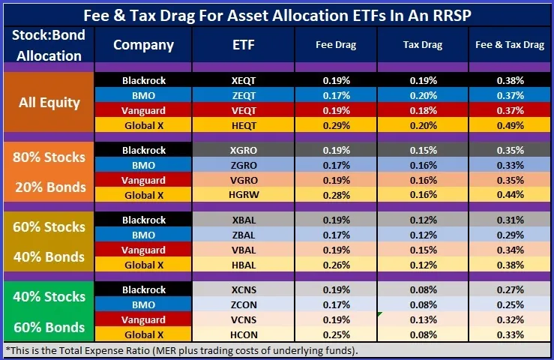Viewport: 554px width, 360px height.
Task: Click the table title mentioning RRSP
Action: click(x=277, y=14)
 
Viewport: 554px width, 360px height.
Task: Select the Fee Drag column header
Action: click(x=336, y=45)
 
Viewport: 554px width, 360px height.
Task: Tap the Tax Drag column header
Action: click(x=424, y=45)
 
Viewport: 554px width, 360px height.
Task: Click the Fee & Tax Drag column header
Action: click(x=509, y=45)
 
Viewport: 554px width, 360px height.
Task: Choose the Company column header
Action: click(x=143, y=45)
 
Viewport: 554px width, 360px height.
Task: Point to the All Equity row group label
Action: click(x=49, y=102)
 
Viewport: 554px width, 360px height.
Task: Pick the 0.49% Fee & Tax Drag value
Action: click(x=509, y=124)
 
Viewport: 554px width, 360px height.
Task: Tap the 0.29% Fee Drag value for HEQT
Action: click(x=336, y=124)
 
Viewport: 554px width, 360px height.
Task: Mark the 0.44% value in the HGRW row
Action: click(x=509, y=195)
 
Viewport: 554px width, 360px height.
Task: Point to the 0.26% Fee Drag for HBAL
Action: click(x=336, y=265)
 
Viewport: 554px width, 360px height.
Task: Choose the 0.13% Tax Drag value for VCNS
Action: click(x=424, y=319)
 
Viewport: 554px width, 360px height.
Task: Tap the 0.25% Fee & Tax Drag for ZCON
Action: click(x=509, y=305)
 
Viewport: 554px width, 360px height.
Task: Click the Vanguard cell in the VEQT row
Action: click(x=143, y=109)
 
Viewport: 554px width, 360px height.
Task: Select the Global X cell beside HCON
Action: click(x=143, y=334)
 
